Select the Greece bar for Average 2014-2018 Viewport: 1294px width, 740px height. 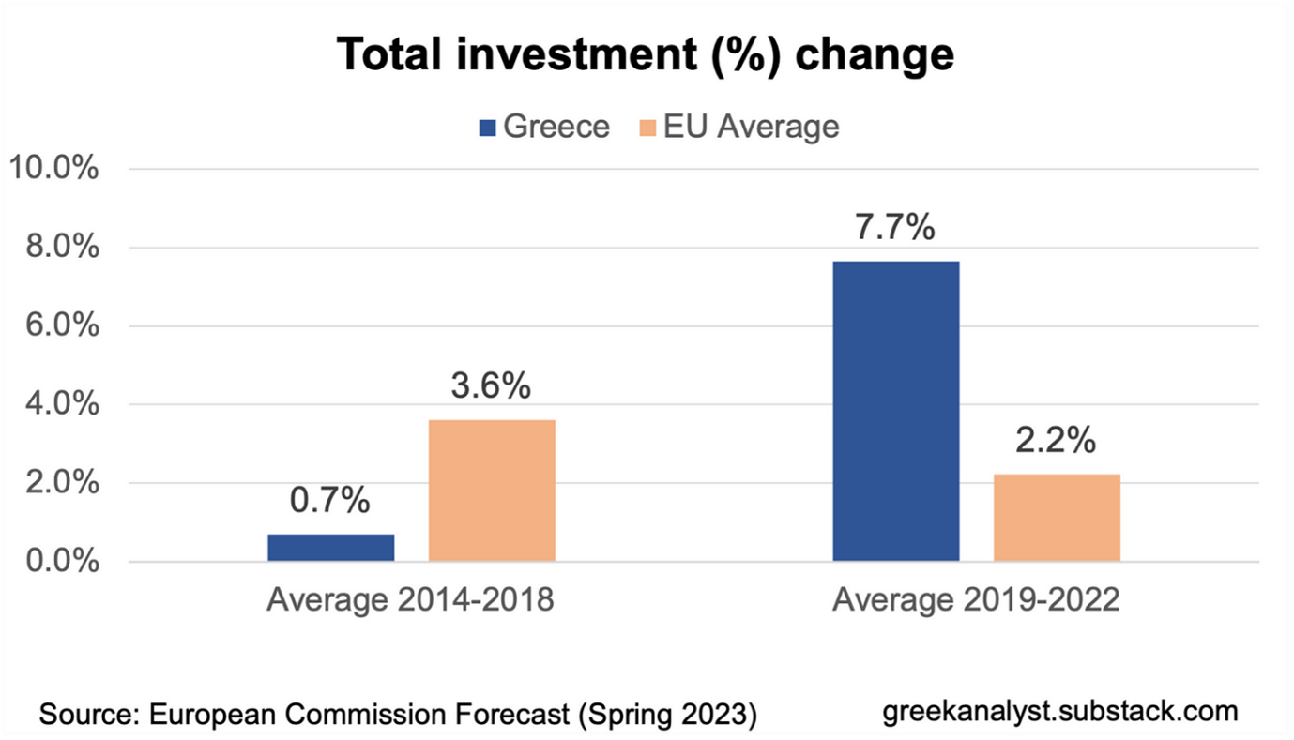pyautogui.click(x=330, y=548)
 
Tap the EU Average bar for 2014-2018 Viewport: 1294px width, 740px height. pyautogui.click(x=492, y=491)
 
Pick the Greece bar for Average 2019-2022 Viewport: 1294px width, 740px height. pyautogui.click(x=896, y=412)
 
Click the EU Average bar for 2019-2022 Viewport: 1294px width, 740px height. pyautogui.click(x=1057, y=518)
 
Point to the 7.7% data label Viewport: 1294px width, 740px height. pyautogui.click(x=895, y=228)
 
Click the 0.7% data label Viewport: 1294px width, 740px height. pyautogui.click(x=329, y=502)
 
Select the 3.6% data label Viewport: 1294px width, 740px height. pyautogui.click(x=491, y=385)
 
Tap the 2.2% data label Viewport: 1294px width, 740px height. pyautogui.click(x=1056, y=441)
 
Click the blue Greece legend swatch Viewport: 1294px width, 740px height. pyautogui.click(x=486, y=128)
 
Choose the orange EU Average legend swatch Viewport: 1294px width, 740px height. pyautogui.click(x=647, y=128)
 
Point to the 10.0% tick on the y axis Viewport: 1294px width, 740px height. pyautogui.click(x=53, y=170)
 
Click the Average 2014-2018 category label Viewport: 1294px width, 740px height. pyautogui.click(x=410, y=599)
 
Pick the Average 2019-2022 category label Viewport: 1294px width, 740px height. pyautogui.click(x=976, y=599)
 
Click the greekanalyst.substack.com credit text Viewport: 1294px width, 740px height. pyautogui.click(x=1060, y=710)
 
